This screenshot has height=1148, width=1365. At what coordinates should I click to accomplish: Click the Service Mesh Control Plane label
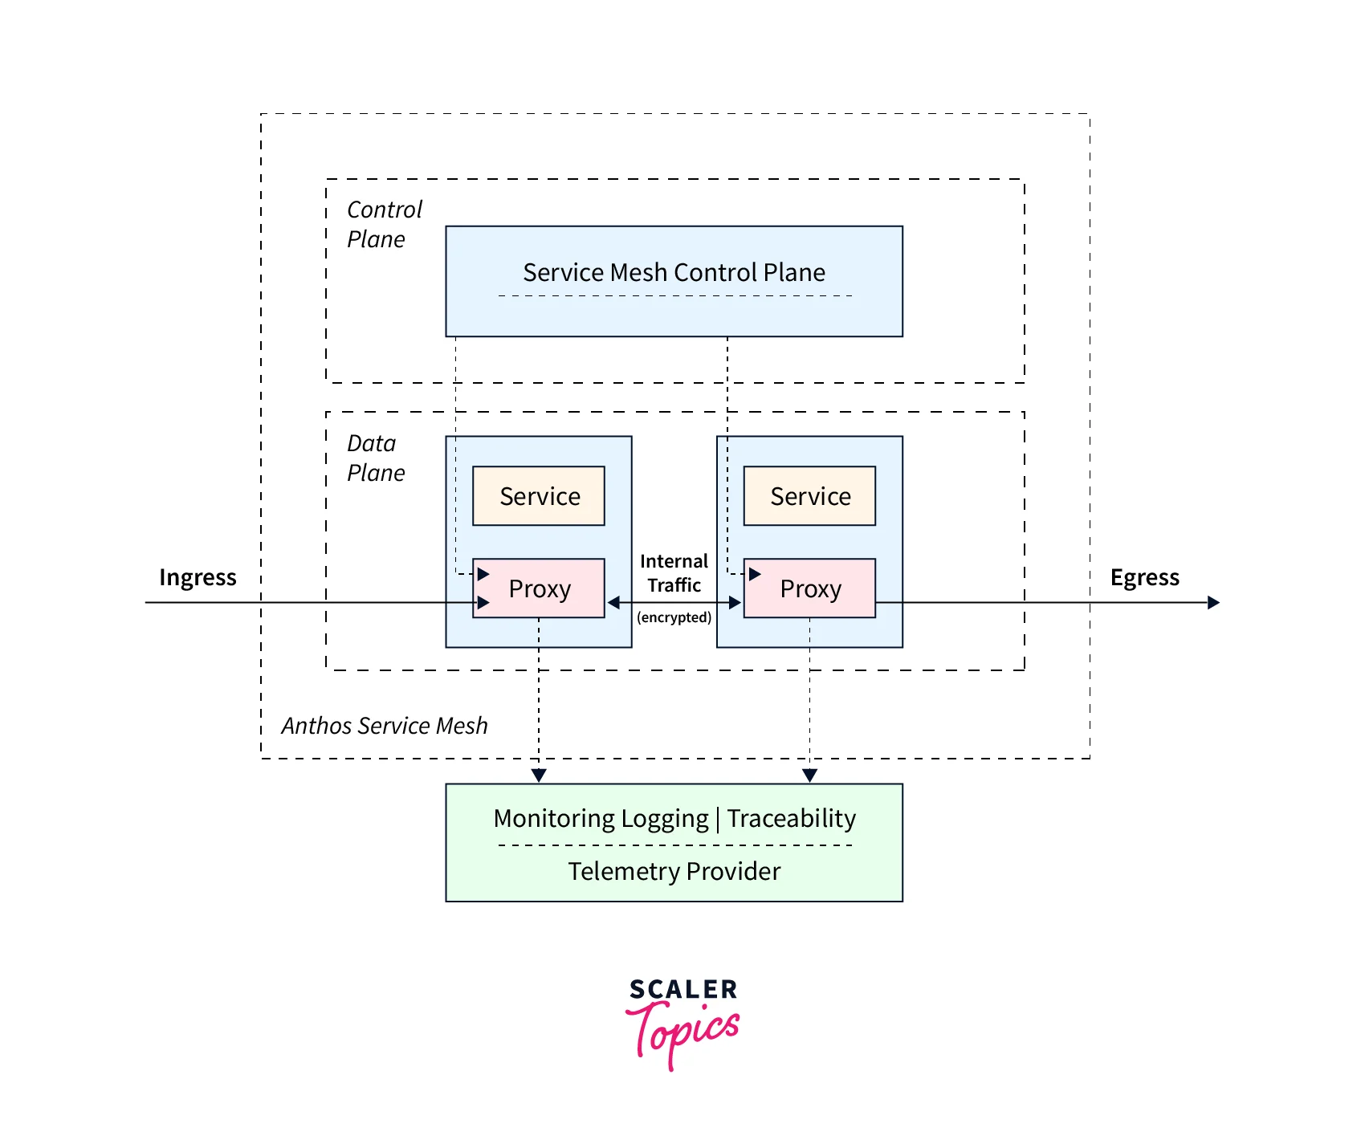(x=674, y=273)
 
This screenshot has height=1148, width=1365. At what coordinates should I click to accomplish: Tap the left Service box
(x=539, y=496)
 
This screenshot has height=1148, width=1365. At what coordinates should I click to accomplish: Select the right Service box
(x=809, y=496)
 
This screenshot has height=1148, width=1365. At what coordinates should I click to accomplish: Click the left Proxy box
(x=539, y=588)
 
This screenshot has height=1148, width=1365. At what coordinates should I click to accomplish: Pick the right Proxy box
(x=809, y=588)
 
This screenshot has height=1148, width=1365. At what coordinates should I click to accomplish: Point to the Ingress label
(x=198, y=577)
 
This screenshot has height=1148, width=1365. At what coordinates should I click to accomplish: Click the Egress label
(x=1144, y=577)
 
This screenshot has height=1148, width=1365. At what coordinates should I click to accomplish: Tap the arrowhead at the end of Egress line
(x=1213, y=602)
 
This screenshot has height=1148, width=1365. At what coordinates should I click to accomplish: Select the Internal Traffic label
(x=674, y=573)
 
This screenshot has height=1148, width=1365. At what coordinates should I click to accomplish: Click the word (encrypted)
(x=674, y=617)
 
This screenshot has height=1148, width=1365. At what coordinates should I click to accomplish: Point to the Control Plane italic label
(x=383, y=224)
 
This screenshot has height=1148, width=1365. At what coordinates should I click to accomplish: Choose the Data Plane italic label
(x=375, y=458)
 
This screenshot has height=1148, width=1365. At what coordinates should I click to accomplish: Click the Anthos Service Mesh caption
(x=384, y=726)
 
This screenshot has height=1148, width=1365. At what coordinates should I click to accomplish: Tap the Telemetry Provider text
(x=674, y=871)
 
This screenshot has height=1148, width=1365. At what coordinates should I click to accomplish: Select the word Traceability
(x=791, y=818)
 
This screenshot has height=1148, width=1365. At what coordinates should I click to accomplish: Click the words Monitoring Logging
(x=601, y=818)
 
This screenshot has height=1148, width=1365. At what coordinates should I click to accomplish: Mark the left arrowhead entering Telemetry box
(x=539, y=775)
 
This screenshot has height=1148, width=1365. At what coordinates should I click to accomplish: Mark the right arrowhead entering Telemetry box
(x=809, y=775)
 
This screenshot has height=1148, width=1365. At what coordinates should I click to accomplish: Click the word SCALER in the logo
(x=682, y=989)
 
